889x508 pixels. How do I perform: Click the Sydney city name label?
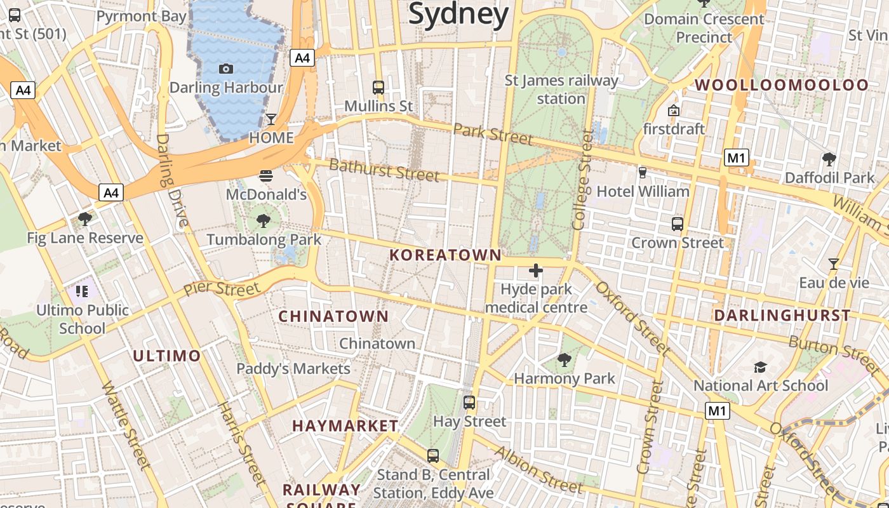[458, 14]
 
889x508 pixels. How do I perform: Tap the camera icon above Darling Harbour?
[225, 69]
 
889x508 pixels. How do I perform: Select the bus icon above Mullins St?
[378, 87]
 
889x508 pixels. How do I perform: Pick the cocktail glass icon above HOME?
[271, 119]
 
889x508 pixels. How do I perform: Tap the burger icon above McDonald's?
[266, 175]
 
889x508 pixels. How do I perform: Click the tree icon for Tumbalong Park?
[264, 221]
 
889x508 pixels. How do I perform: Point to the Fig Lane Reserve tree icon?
[85, 219]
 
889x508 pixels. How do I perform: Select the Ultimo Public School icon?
[82, 291]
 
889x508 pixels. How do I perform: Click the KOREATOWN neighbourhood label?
[445, 255]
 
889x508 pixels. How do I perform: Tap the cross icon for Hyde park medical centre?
[536, 271]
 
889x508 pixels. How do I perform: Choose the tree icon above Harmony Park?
[564, 360]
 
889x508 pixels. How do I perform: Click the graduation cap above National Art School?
[760, 367]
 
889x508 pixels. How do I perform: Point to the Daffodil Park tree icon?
[829, 159]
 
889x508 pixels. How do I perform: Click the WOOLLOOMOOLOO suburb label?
[782, 85]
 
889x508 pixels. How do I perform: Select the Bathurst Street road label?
[384, 170]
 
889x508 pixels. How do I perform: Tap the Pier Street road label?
[222, 289]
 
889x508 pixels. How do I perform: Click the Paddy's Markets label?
[293, 368]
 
